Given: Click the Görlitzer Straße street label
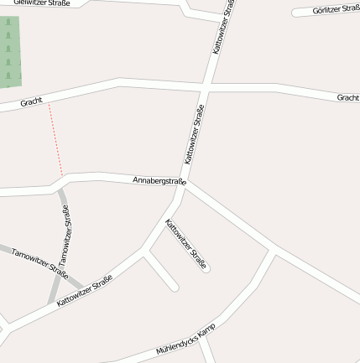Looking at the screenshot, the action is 336,9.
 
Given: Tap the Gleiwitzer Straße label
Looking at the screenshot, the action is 41,3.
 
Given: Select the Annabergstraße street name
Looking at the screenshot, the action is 159,180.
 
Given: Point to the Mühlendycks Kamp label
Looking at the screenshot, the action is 185,339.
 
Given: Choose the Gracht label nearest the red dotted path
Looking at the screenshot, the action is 31,101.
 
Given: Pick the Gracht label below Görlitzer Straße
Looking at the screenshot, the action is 347,98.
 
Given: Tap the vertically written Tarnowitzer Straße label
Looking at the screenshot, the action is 65,236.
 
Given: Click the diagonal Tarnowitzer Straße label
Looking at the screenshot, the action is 39,262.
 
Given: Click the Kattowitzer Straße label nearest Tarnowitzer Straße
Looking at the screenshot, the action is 85,290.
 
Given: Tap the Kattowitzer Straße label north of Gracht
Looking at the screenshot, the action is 223,27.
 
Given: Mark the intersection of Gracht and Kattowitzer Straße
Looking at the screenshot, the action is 204,86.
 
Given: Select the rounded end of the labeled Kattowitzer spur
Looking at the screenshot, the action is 206,269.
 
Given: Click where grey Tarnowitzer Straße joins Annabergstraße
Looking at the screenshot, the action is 60,188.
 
